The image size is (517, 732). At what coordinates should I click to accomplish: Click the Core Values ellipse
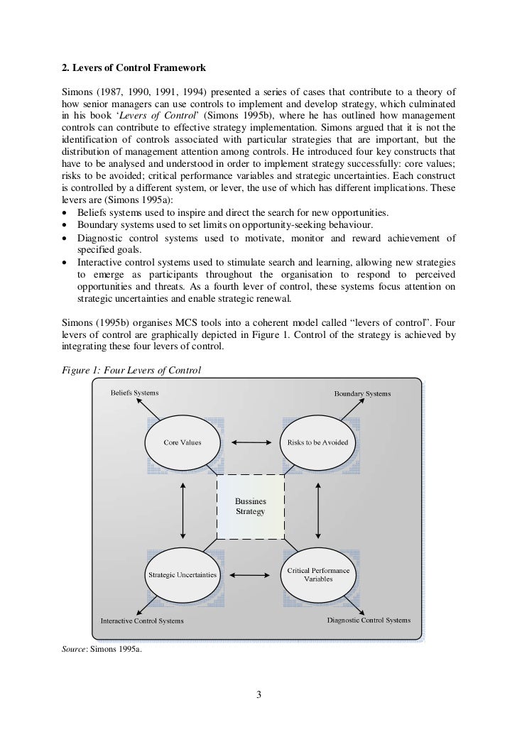tap(183, 443)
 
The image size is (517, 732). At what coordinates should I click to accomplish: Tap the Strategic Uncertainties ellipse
tap(183, 574)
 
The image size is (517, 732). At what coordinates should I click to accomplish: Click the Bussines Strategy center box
tap(250, 507)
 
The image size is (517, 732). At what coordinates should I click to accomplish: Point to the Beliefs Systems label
tap(134, 392)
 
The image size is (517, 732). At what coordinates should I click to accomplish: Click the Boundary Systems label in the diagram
tap(363, 393)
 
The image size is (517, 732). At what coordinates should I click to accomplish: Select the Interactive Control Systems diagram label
tap(142, 621)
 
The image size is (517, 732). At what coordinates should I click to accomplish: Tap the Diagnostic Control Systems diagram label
tap(369, 620)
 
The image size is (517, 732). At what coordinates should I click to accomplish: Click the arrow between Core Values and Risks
tap(248, 443)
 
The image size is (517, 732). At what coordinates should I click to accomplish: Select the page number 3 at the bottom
tap(259, 694)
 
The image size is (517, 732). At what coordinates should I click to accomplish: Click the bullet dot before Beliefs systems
tap(65, 213)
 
